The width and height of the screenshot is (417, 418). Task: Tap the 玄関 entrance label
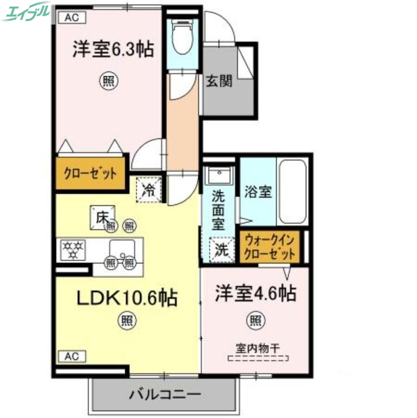coord(218,82)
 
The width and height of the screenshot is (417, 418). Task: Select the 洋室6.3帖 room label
coord(112,50)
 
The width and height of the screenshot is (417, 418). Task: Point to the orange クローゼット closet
coord(90,173)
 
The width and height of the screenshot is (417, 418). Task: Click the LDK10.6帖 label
coord(127,298)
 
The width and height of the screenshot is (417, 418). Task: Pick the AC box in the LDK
coord(72,356)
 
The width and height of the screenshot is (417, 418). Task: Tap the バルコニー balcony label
coord(165,394)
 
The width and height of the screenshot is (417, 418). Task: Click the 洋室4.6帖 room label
coord(256,293)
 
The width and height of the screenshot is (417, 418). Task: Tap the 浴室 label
coord(257,192)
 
